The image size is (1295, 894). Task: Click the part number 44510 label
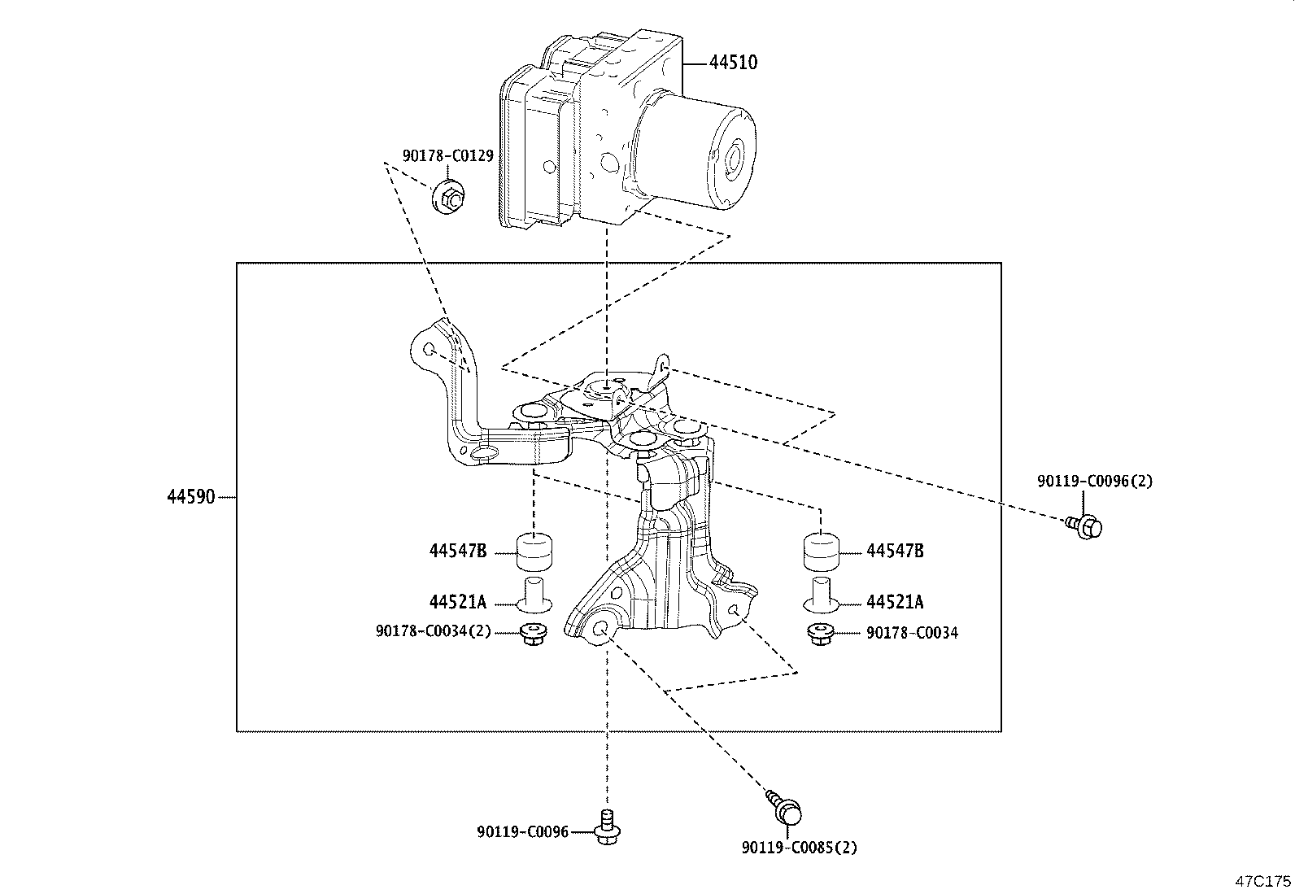[733, 63]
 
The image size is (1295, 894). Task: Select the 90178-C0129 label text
[447, 155]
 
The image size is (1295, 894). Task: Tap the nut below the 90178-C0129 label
[449, 198]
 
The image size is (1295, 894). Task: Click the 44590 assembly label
[191, 496]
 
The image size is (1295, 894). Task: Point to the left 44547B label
[458, 551]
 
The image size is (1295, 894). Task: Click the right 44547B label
[895, 551]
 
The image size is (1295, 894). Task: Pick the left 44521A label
[458, 602]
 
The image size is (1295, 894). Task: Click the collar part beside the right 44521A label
[821, 595]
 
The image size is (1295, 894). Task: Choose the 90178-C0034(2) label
[434, 631]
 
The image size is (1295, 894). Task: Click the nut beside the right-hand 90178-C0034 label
[820, 634]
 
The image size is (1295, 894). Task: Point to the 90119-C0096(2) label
[1095, 481]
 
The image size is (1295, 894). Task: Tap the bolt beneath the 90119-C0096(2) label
[1085, 526]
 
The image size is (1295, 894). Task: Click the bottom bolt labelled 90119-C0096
[605, 826]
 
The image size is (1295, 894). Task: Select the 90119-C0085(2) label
[800, 848]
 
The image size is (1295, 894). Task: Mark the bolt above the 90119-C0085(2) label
[787, 807]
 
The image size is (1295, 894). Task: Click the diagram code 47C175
[1263, 881]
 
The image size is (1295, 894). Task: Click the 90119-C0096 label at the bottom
[522, 831]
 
